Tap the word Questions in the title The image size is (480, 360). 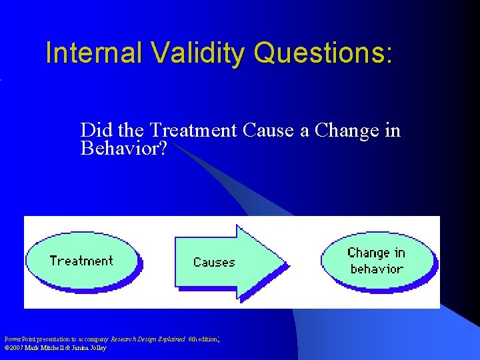click(x=319, y=53)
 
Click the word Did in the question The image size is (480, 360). click(x=95, y=130)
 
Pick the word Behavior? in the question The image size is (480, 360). click(x=123, y=147)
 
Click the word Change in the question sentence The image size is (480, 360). click(x=347, y=130)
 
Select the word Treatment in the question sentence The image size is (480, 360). click(x=193, y=130)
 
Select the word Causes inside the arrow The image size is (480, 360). click(x=214, y=262)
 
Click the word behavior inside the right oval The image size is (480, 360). click(x=377, y=269)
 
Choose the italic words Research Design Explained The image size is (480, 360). click(x=148, y=339)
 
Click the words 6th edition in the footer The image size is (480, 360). click(x=203, y=339)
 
